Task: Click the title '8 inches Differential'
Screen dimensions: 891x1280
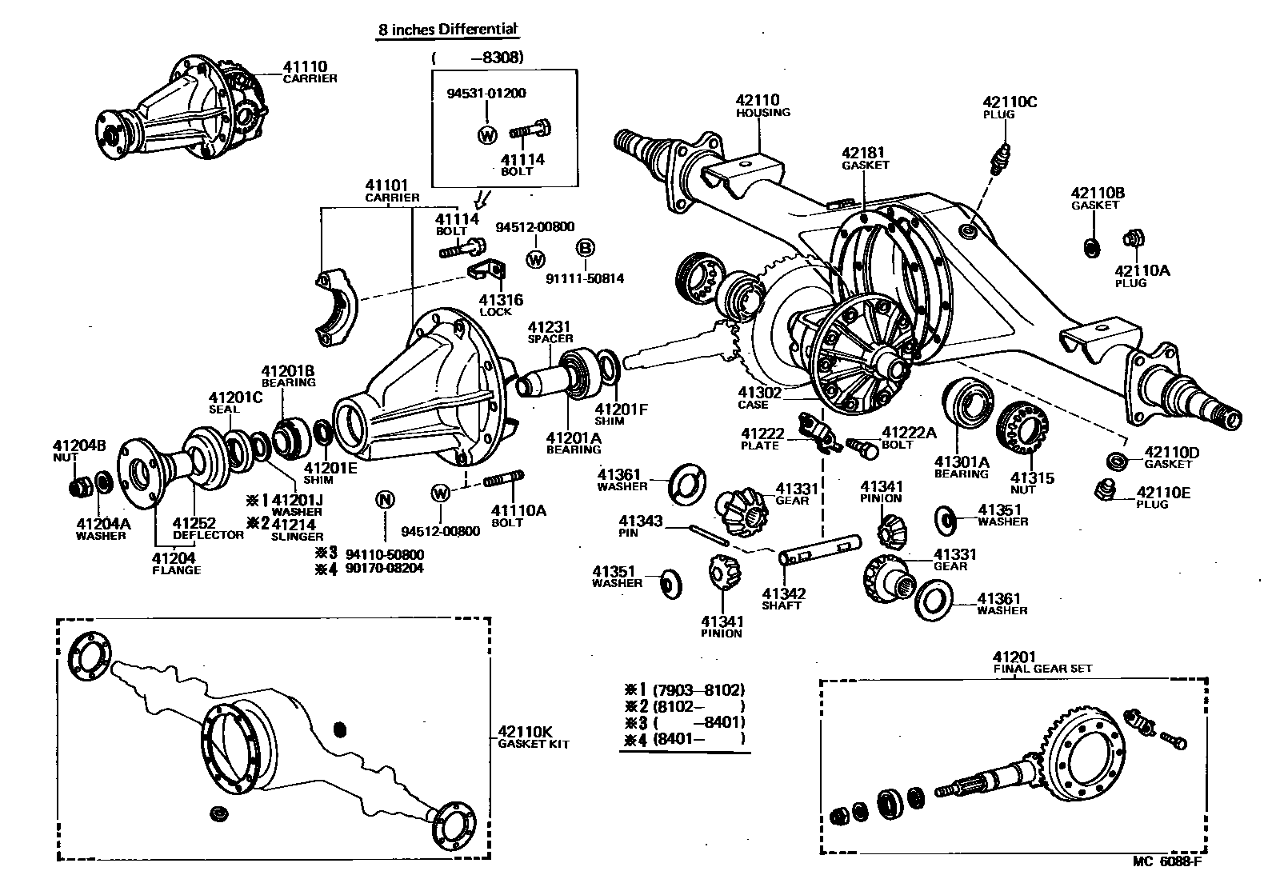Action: tap(447, 30)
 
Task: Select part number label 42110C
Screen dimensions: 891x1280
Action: tap(1009, 102)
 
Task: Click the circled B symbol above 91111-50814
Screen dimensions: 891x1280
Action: tap(586, 248)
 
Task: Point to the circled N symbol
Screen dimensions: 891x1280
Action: tap(385, 500)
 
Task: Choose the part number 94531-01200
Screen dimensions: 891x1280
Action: tap(486, 93)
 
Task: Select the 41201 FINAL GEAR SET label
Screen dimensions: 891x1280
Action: tap(1042, 662)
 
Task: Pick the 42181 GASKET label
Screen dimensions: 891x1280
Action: tap(865, 158)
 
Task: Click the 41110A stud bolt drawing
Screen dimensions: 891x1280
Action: tap(503, 479)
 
